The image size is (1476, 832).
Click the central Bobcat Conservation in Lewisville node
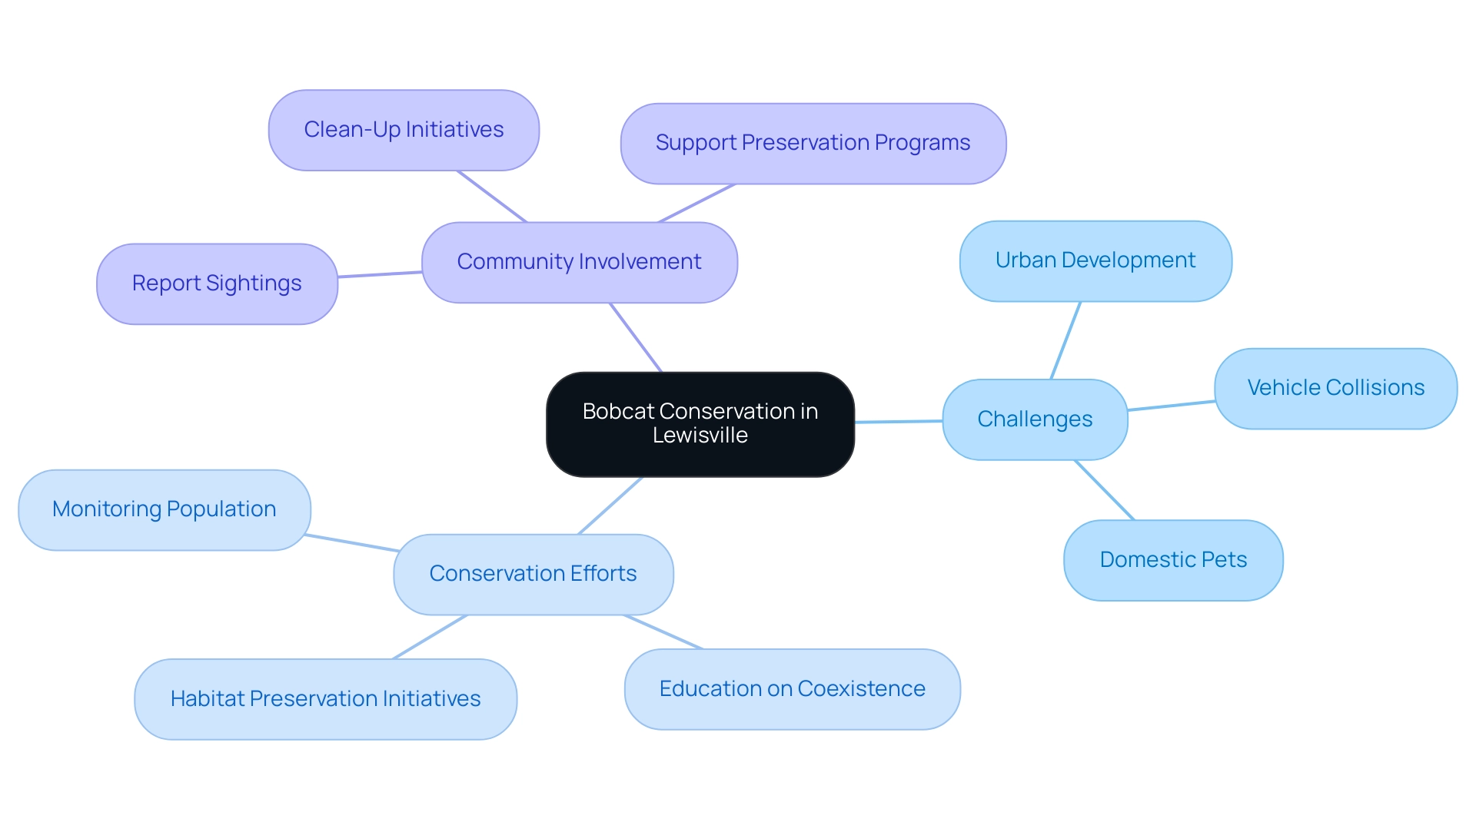pos(700,423)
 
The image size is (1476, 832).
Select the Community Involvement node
pos(579,262)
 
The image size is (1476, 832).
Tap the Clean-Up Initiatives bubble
pos(404,130)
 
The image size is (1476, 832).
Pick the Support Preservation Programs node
pos(813,143)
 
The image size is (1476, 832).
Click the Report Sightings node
pos(217,283)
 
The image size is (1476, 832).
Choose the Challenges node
pos(1034,419)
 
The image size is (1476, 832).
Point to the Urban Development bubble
pos(1095,260)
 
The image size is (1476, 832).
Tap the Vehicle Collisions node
pos(1335,388)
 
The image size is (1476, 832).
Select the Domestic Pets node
pos(1172,560)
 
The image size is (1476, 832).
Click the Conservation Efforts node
pos(533,574)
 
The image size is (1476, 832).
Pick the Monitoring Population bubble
pos(164,509)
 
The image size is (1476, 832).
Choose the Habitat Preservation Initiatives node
pos(325,699)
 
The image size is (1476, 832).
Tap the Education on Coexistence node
pos(792,689)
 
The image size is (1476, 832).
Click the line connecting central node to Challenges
pos(898,422)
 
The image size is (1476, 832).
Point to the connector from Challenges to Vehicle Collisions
pos(1171,406)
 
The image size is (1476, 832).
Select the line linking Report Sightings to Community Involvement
pos(380,274)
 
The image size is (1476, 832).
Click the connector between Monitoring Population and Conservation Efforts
pos(352,543)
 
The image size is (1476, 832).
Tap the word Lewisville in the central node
pos(700,436)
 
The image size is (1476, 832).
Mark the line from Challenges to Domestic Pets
pos(1104,490)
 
